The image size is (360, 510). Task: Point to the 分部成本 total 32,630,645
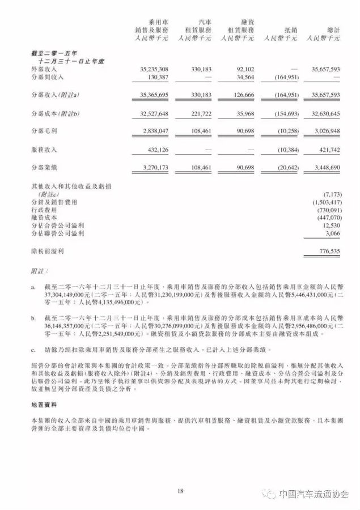[323, 114]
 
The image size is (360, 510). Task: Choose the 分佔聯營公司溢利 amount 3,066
[332, 232]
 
